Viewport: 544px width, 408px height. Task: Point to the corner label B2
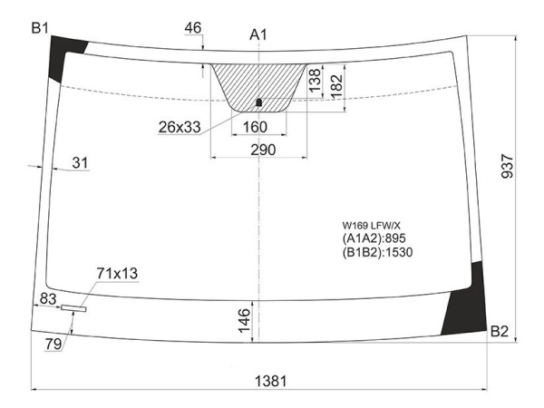coord(500,332)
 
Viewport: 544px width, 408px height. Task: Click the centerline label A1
coord(258,34)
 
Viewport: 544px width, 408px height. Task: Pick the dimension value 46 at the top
coord(192,28)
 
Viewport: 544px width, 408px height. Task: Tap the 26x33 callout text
coord(179,126)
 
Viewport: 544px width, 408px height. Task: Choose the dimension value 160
coord(257,126)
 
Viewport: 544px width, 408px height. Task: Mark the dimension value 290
coord(262,149)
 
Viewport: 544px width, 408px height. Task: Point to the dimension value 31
coord(80,162)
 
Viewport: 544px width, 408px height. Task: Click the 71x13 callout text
coord(117,272)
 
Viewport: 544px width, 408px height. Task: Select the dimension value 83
coord(49,297)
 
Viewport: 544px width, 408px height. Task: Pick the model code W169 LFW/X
coord(370,225)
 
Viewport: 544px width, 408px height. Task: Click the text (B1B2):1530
coord(377,252)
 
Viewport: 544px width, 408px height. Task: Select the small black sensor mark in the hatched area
coord(258,102)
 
